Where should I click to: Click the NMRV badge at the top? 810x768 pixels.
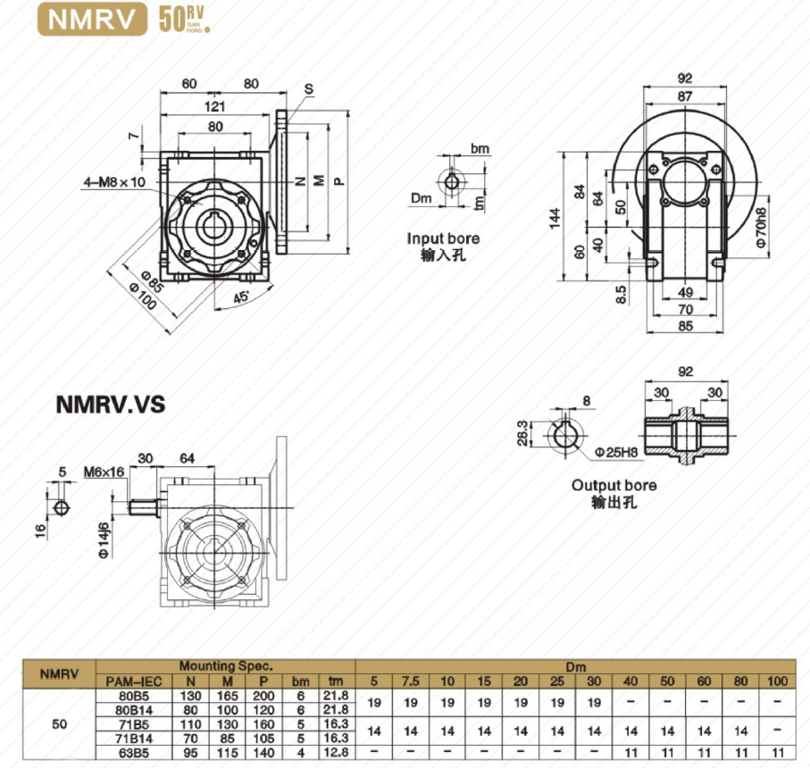(x=92, y=20)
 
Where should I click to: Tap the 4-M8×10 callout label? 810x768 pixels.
(x=114, y=182)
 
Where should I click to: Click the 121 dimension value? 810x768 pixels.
(x=214, y=106)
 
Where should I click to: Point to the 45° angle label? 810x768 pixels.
(x=241, y=297)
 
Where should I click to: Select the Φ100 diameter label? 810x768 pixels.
(x=143, y=296)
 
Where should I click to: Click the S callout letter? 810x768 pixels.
(x=309, y=88)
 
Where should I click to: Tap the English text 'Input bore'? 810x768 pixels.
(x=443, y=238)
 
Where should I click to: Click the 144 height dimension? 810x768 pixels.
(x=555, y=218)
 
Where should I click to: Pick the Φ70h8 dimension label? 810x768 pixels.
(x=761, y=228)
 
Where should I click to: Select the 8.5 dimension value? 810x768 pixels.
(x=622, y=295)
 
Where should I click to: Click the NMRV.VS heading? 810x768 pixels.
(x=111, y=405)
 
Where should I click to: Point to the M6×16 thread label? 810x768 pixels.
(x=104, y=472)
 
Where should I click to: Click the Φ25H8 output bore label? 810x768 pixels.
(x=616, y=453)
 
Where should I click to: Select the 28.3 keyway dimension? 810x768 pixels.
(x=522, y=433)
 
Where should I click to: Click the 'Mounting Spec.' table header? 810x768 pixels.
(x=226, y=666)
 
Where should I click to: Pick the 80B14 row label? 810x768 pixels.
(x=134, y=710)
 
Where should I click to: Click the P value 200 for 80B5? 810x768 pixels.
(x=263, y=696)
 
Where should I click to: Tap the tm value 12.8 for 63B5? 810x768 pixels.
(x=336, y=753)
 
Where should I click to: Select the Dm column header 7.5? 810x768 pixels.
(x=411, y=681)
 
